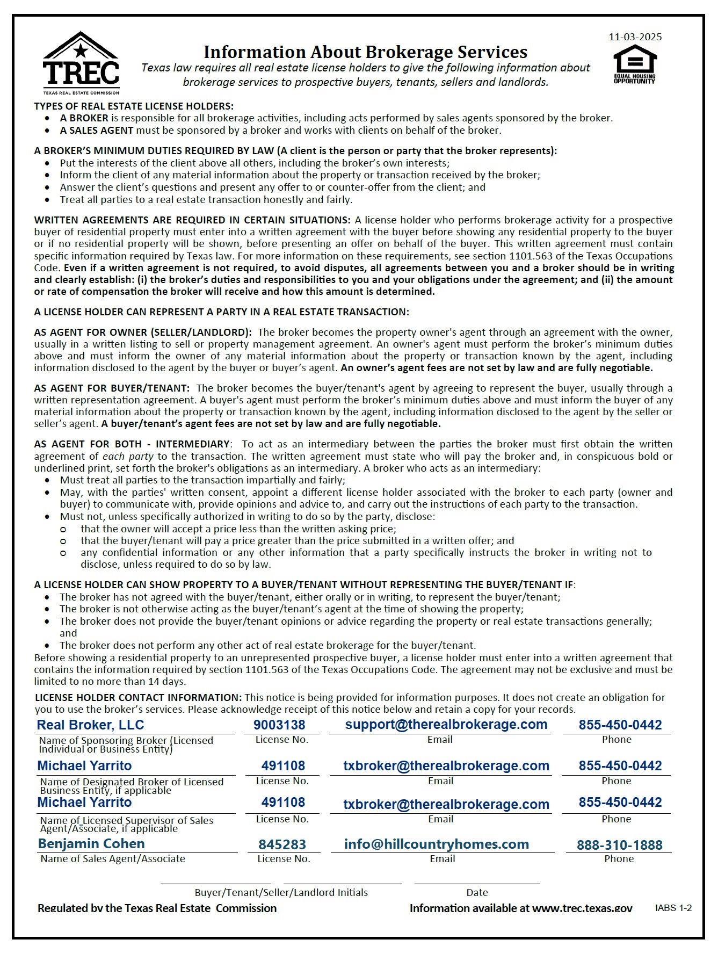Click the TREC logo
tap(81, 63)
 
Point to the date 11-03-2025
tap(635, 37)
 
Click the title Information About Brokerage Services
tap(365, 52)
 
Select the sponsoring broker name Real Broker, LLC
tap(90, 725)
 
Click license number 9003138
tap(279, 725)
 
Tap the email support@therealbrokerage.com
tap(446, 724)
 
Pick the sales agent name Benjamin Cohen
tap(91, 843)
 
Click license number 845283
tap(282, 844)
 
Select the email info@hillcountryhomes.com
tap(437, 844)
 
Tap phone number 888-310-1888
tap(619, 845)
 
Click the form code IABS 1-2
tap(673, 908)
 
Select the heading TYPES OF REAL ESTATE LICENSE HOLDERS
tap(134, 106)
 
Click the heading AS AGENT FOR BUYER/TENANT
tap(112, 388)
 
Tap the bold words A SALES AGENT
tap(97, 130)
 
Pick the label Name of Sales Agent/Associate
tap(113, 858)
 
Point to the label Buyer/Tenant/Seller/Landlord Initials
tap(281, 892)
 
